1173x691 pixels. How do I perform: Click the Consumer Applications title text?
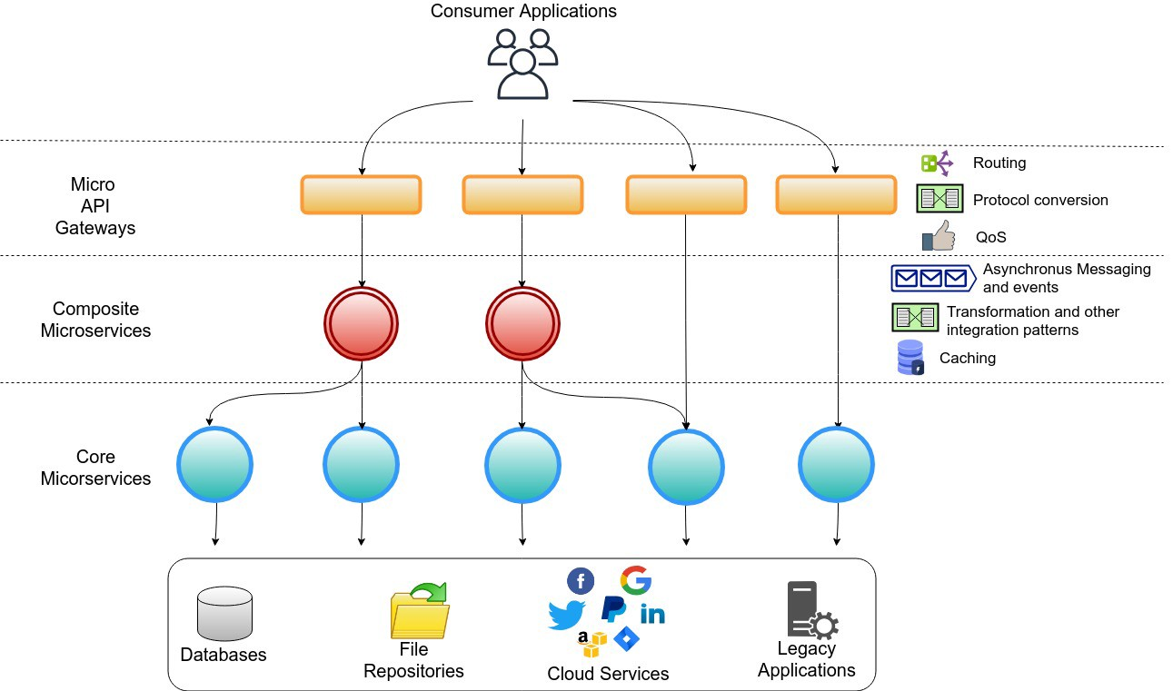pyautogui.click(x=522, y=12)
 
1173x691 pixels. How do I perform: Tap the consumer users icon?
pyautogui.click(x=522, y=64)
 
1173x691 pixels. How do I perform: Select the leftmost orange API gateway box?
pyautogui.click(x=361, y=194)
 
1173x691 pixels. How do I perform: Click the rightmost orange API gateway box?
pyautogui.click(x=836, y=194)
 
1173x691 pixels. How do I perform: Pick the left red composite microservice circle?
pyautogui.click(x=362, y=324)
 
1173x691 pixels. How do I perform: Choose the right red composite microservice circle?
pyautogui.click(x=522, y=324)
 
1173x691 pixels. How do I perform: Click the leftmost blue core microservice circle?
pyautogui.click(x=215, y=465)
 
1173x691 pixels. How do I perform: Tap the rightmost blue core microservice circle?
pyautogui.click(x=837, y=465)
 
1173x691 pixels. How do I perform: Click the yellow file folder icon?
pyautogui.click(x=420, y=610)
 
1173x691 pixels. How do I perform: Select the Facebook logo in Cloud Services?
pyautogui.click(x=581, y=581)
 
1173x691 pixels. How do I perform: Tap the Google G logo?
pyautogui.click(x=636, y=580)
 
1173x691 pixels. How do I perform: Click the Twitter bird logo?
pyautogui.click(x=567, y=616)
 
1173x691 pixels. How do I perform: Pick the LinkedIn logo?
pyautogui.click(x=652, y=614)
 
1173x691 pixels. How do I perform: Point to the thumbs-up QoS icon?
pyautogui.click(x=939, y=236)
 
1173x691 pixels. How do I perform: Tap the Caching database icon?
pyautogui.click(x=910, y=358)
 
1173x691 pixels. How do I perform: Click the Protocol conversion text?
pyautogui.click(x=1040, y=200)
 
